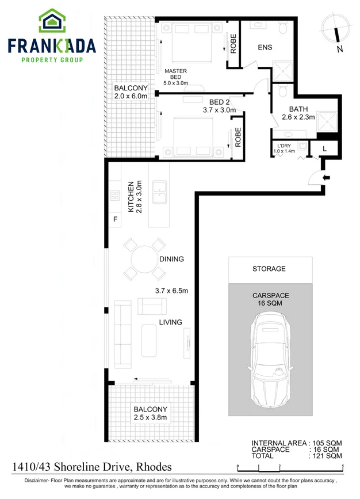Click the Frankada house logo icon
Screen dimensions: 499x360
pos(52,21)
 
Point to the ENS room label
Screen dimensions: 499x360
pos(265,47)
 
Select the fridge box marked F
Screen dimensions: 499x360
pos(115,219)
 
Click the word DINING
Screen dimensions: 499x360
pos(171,259)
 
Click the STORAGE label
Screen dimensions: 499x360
pos(269,269)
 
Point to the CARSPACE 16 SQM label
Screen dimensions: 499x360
pos(270,299)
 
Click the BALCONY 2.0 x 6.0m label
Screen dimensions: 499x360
pos(131,92)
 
